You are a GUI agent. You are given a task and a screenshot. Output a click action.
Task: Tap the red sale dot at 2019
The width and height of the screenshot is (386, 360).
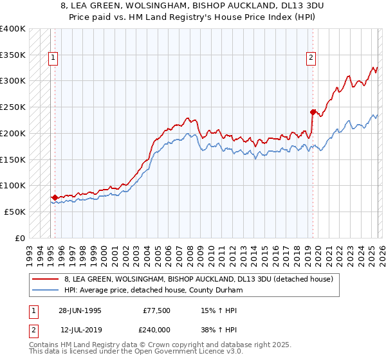(313, 112)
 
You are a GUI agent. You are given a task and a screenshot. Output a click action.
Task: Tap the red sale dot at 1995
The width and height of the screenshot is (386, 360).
(55, 197)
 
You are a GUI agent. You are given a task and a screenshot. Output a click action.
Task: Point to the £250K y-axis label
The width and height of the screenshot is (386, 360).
(13, 107)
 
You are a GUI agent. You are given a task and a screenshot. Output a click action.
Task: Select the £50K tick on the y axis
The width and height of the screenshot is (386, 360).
(15, 212)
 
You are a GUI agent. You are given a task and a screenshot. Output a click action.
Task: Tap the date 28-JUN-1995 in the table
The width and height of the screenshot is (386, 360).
(80, 310)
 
